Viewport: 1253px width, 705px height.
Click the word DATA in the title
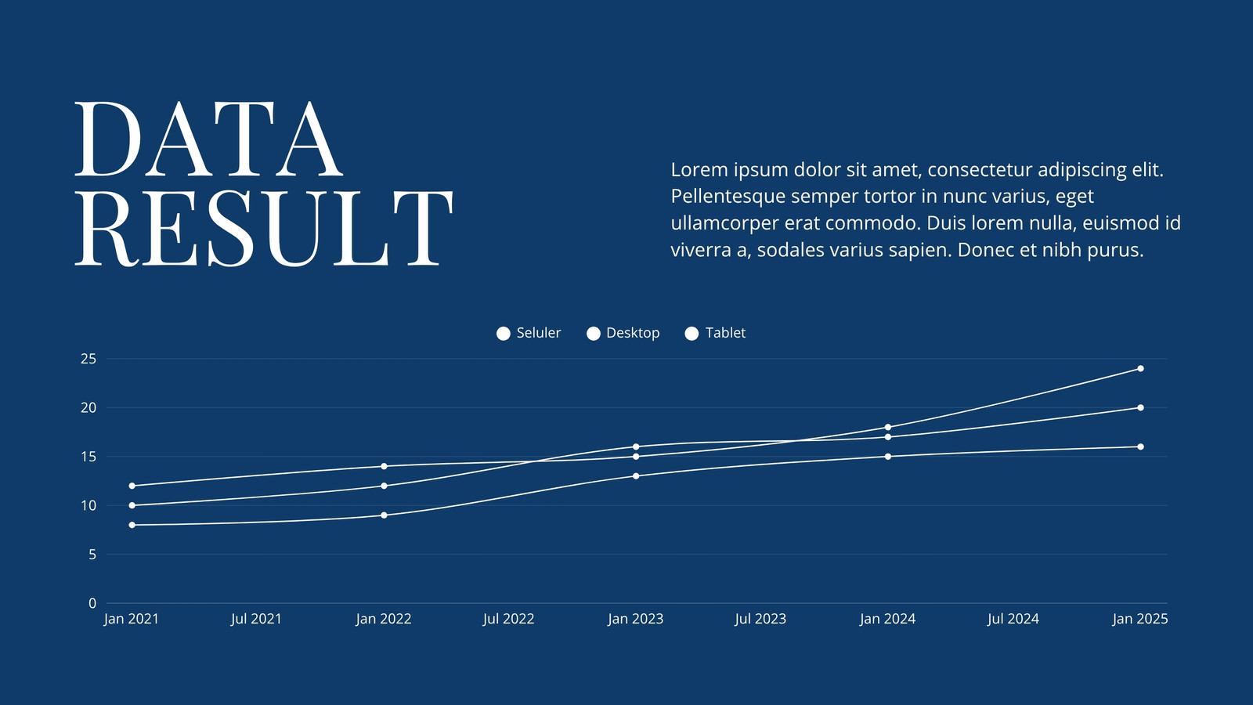pos(208,139)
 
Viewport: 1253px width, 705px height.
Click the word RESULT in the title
pos(263,228)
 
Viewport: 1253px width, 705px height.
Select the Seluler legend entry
pos(528,333)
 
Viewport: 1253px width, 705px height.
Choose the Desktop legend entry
pos(623,333)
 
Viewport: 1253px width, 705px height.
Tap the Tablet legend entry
pos(715,333)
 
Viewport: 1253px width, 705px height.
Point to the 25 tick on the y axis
pos(88,359)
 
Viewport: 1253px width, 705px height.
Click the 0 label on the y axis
pos(92,603)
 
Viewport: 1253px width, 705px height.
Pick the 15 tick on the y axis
pos(88,457)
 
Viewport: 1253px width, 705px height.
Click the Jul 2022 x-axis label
pos(508,619)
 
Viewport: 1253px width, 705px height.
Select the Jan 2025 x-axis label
pos(1140,619)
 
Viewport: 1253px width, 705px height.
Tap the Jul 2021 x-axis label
pos(256,619)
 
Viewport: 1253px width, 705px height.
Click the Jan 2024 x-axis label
pos(888,619)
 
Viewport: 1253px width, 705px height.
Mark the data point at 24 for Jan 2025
pos(1140,369)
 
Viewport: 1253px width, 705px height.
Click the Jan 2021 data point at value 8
pos(132,525)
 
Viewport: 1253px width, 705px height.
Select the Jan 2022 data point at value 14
pos(384,466)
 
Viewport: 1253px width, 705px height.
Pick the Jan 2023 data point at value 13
pos(636,476)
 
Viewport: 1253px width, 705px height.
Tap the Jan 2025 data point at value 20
pos(1140,408)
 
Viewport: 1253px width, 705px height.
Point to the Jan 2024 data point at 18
pos(888,428)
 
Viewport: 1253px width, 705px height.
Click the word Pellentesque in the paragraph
pos(728,197)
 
